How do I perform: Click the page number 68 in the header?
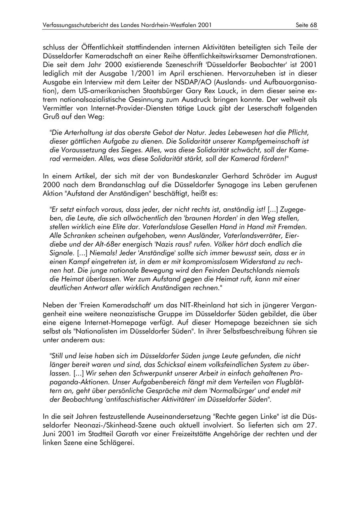click(x=313, y=25)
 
